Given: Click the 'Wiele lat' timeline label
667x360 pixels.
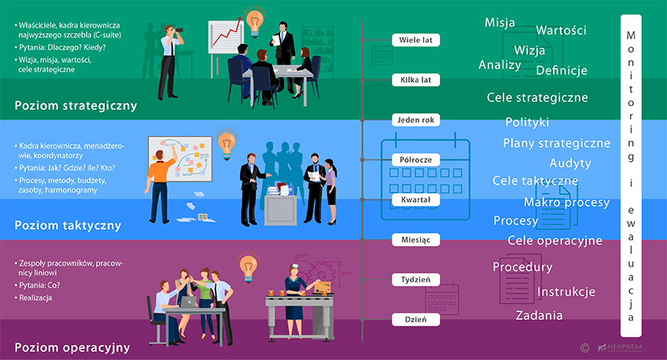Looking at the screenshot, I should [415, 39].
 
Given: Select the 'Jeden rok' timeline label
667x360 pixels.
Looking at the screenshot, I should [415, 120].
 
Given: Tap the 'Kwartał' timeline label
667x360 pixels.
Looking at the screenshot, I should [415, 200].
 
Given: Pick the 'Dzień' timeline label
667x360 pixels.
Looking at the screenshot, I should [415, 320].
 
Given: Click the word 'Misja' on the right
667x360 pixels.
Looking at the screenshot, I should [500, 22].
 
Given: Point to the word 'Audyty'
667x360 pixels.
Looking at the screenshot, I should [570, 163].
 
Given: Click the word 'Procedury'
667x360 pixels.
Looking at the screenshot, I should [522, 267].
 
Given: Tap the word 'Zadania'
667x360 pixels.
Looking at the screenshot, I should [539, 316].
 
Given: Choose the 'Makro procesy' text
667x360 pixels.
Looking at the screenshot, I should [566, 202].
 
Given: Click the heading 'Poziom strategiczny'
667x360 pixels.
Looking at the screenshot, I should [76, 105].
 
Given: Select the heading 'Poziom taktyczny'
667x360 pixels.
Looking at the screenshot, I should [68, 226].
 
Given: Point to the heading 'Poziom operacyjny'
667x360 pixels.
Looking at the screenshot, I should [72, 347].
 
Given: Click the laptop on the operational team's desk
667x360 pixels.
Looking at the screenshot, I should [189, 301].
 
